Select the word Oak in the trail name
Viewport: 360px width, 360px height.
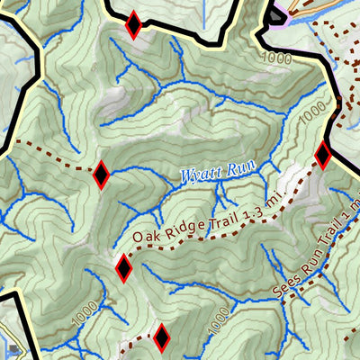pos(143,237)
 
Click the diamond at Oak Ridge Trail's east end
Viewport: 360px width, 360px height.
pos(322,156)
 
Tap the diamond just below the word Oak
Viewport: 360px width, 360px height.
pos(124,267)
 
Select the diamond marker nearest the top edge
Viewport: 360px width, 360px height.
pos(133,25)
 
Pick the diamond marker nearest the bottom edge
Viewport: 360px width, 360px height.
pos(161,337)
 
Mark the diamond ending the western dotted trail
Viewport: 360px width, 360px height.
pos(101,174)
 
